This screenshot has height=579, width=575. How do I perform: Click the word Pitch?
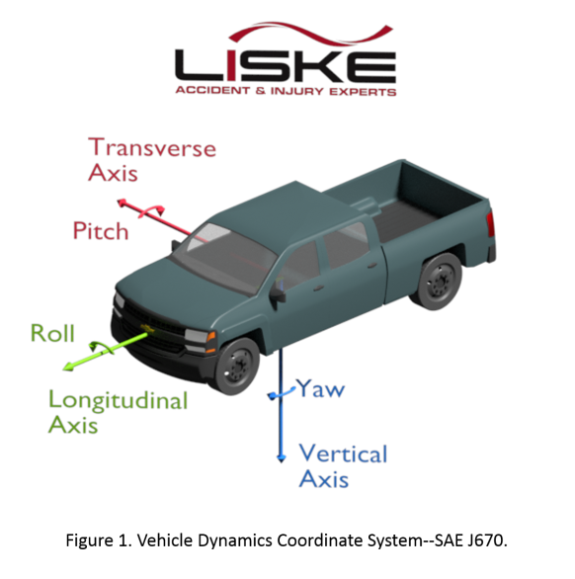point(101,231)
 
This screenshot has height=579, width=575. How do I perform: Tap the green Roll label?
point(52,333)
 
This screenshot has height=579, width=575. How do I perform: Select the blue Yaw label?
point(321,388)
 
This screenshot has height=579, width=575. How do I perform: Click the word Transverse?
point(152,147)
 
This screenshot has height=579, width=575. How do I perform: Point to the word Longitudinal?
point(119,400)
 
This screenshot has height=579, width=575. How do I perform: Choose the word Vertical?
point(343,454)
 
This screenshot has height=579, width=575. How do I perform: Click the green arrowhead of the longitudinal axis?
point(68,367)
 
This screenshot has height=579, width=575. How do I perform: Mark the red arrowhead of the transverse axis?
point(122,203)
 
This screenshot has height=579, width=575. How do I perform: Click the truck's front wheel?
point(237,366)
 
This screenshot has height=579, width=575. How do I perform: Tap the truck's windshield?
point(225,256)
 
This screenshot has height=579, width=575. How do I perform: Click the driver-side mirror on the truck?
point(277,295)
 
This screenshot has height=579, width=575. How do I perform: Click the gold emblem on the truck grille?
point(147,329)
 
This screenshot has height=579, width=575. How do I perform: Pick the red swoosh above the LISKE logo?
point(310,34)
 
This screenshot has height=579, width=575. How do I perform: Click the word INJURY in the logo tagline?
point(297,91)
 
